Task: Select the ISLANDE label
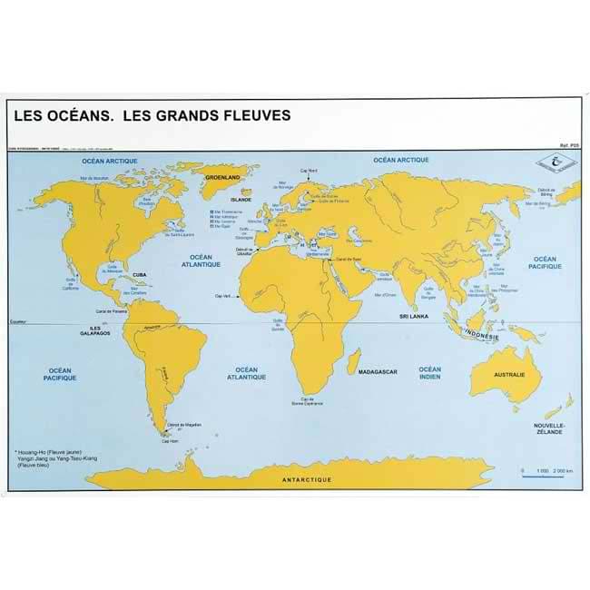tap(240, 198)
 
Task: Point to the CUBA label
tap(140, 273)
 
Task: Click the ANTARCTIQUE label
tap(307, 478)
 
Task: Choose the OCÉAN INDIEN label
tap(429, 373)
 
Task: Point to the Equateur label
tap(20, 321)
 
